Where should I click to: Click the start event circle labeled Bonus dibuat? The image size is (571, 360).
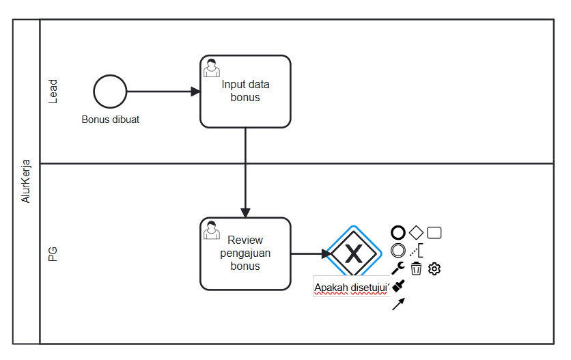point(110,92)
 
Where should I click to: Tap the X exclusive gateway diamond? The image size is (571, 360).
point(354,254)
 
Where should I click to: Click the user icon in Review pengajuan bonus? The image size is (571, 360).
point(212,230)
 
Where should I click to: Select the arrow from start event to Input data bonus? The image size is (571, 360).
point(163,92)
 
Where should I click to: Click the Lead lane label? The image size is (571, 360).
point(53,92)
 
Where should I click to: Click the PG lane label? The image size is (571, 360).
point(53,254)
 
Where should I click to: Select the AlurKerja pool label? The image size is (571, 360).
point(27,182)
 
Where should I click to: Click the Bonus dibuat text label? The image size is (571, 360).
point(111,120)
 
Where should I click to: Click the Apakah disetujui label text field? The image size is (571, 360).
point(351,288)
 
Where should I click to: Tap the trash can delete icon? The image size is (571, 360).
point(416,268)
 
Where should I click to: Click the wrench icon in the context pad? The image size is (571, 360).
point(398,268)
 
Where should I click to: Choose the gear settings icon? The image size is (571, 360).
point(434,268)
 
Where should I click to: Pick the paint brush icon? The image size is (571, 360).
point(399,287)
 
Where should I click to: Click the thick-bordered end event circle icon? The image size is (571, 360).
point(398,233)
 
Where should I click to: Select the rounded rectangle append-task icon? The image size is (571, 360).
point(434,233)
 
